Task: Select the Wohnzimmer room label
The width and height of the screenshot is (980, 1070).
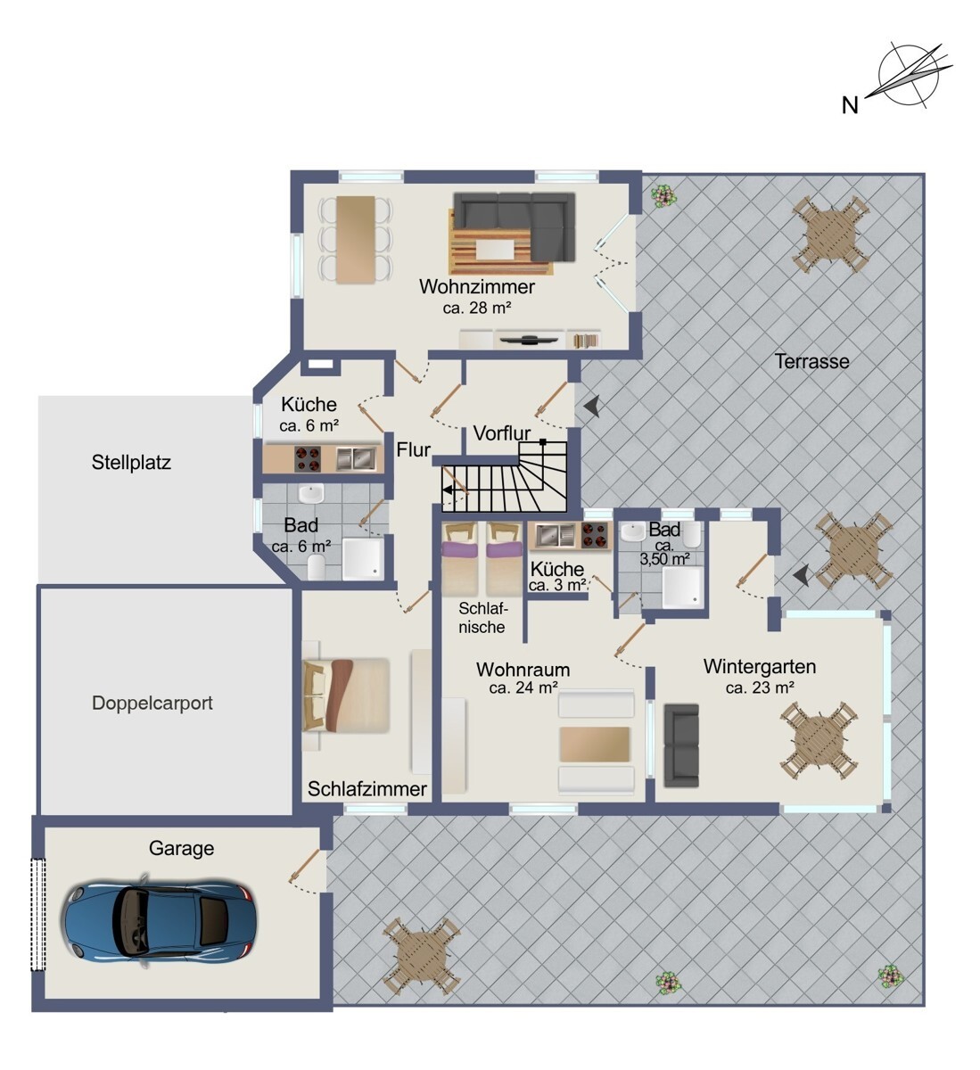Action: [476, 287]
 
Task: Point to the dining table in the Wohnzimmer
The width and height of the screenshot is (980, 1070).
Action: [356, 240]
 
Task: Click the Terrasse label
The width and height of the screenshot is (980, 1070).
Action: [811, 361]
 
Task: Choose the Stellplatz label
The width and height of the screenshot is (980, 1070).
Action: [131, 462]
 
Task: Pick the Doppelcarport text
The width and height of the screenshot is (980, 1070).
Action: [152, 703]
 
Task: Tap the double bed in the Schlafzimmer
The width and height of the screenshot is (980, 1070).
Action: [346, 695]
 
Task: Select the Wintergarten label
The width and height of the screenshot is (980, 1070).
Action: [760, 666]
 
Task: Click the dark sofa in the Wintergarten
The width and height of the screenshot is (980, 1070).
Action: [681, 745]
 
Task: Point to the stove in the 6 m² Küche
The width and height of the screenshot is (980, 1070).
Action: [308, 458]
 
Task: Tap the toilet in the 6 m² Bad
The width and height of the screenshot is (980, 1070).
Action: [317, 567]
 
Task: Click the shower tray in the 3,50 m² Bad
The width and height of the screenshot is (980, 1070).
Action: [682, 587]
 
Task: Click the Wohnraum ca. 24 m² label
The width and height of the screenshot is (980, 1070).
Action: [523, 678]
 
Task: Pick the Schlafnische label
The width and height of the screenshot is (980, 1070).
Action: [482, 618]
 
